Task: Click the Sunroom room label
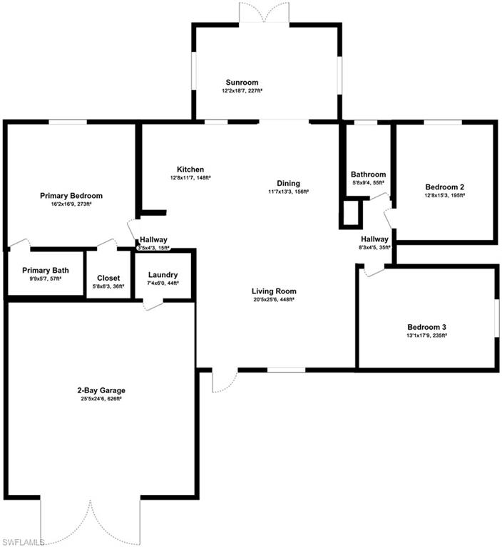242,82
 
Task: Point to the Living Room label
273,291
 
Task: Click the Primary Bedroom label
71,196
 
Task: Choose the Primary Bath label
45,270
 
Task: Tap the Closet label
108,278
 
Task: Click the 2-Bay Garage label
101,390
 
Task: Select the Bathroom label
368,174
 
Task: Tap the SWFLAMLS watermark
23,541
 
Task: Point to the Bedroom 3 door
374,271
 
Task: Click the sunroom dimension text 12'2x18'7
242,91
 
